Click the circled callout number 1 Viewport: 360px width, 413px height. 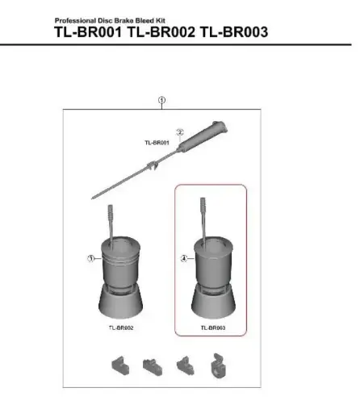click(x=162, y=102)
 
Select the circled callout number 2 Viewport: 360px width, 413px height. click(x=181, y=133)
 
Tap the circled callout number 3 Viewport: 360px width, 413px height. click(x=91, y=258)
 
